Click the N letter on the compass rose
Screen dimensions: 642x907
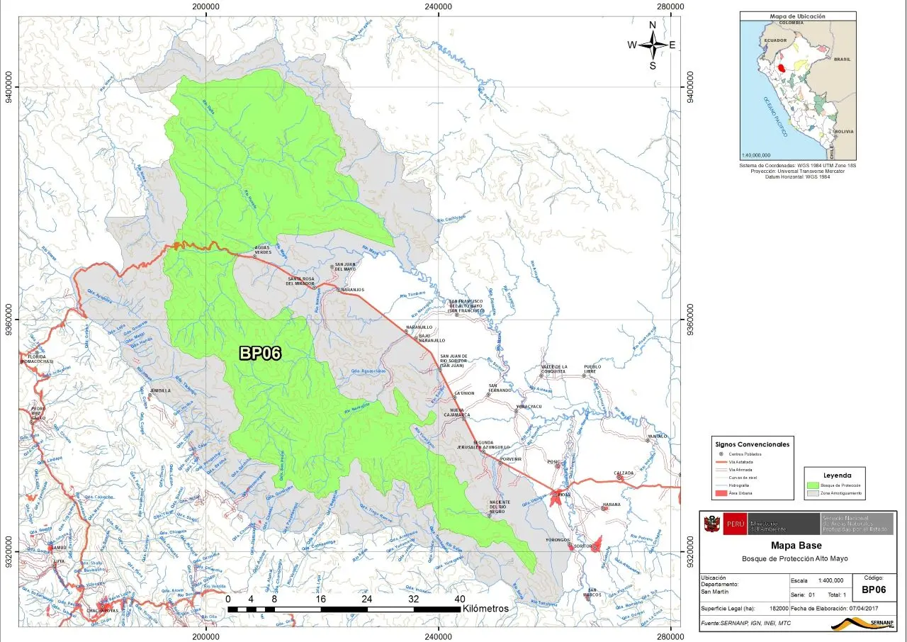click(x=653, y=26)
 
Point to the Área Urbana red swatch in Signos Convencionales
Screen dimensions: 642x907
click(x=721, y=492)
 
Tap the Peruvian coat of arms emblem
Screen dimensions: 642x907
click(x=710, y=524)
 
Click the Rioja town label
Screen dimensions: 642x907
click(x=564, y=494)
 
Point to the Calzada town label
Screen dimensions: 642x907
click(x=624, y=473)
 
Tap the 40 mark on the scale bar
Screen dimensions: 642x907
click(x=459, y=599)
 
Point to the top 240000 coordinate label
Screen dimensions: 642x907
click(x=439, y=6)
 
